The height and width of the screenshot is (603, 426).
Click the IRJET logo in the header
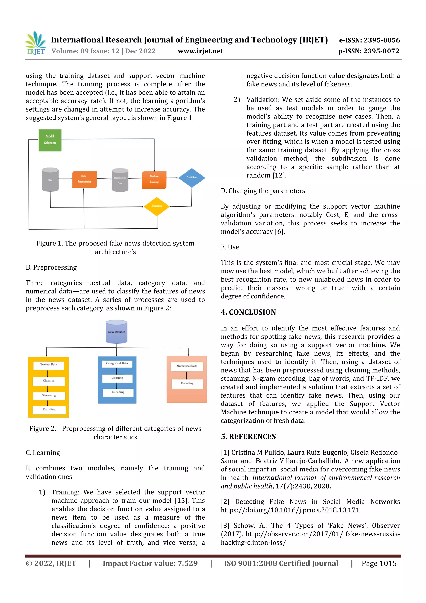(x=36, y=43)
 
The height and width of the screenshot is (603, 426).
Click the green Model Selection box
(x=50, y=140)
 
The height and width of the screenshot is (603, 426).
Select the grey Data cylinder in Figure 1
(x=50, y=180)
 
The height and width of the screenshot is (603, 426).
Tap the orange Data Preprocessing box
(x=84, y=179)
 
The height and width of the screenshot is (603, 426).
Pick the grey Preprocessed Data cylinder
(x=120, y=180)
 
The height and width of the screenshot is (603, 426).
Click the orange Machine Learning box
(x=154, y=180)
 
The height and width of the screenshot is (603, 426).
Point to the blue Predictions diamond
(x=192, y=178)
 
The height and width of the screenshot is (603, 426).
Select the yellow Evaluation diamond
(x=157, y=206)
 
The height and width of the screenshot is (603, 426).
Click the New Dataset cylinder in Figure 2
(x=116, y=332)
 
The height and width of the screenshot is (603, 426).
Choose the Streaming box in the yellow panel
(x=49, y=395)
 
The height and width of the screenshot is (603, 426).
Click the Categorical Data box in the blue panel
(x=117, y=363)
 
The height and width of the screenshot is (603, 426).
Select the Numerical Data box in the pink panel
(x=187, y=366)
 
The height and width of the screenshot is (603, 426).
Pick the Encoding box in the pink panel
(x=187, y=383)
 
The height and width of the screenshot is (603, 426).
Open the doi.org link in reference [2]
(x=290, y=510)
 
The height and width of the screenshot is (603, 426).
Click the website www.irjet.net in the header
(x=200, y=51)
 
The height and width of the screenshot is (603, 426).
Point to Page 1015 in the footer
(x=379, y=563)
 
